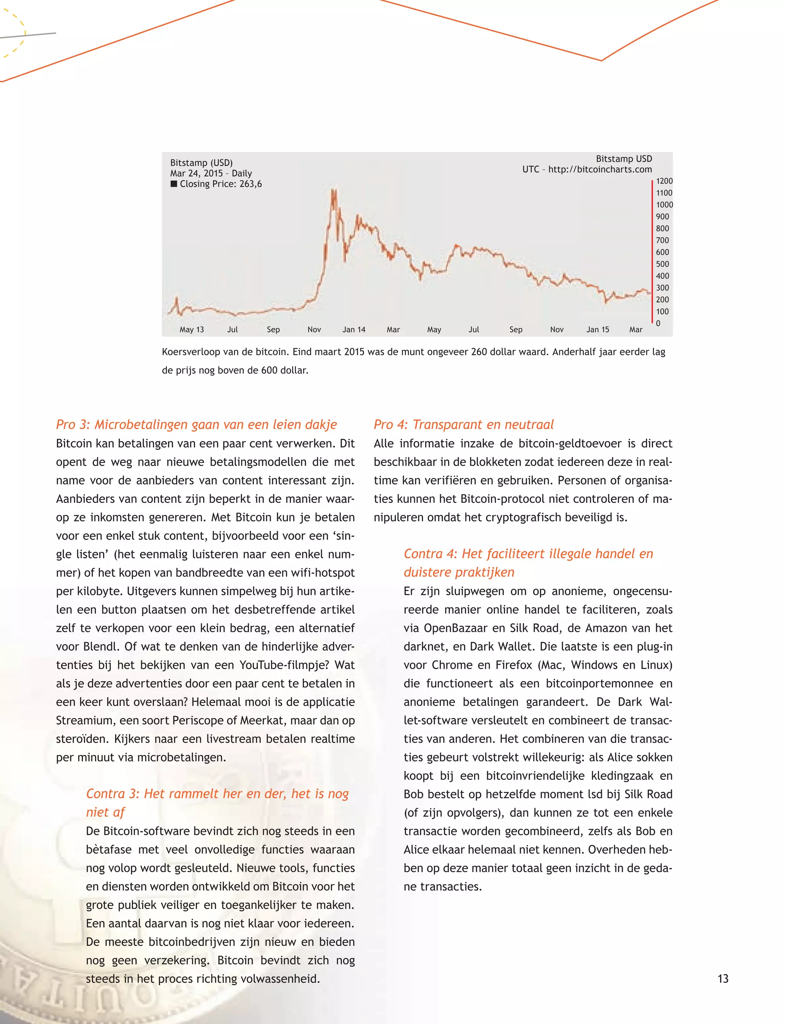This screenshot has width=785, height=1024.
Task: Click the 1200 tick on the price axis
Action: pos(664,181)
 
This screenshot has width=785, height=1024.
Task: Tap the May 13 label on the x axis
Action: pos(192,329)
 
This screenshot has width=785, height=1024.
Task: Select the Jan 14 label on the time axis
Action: pos(354,329)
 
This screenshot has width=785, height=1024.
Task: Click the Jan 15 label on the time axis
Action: pos(598,329)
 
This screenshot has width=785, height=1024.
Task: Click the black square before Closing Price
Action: pos(174,184)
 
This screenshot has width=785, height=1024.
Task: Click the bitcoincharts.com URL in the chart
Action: pos(600,169)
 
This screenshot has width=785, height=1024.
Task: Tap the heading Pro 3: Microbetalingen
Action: pos(196,424)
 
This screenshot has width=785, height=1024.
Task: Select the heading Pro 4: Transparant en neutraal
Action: pos(463,424)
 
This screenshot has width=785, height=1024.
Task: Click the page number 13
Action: pos(723,979)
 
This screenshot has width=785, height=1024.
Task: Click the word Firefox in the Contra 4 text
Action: pos(514,665)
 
